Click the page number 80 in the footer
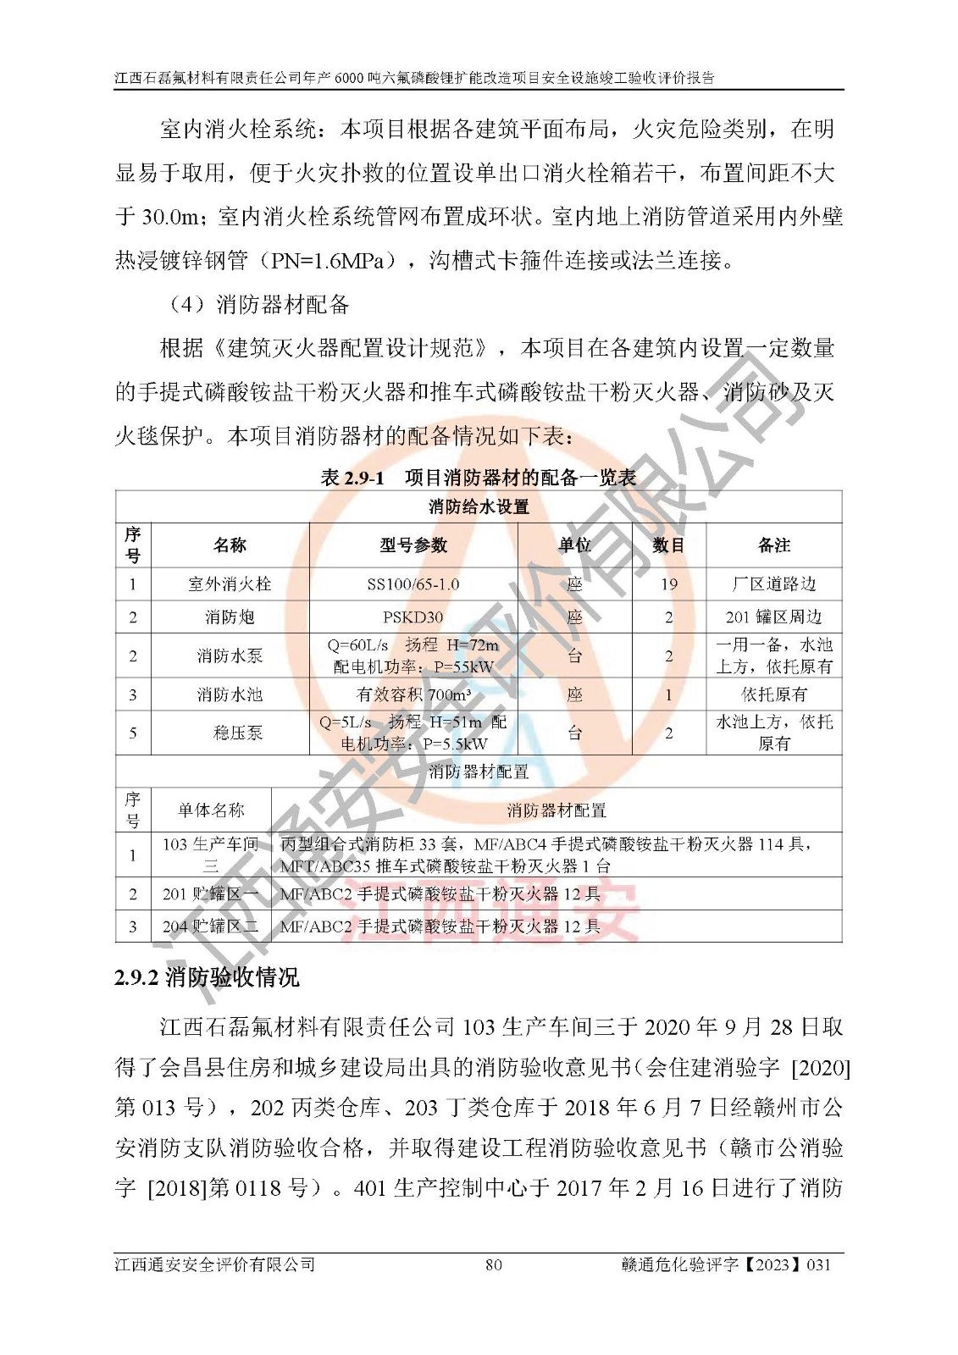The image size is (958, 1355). [x=493, y=1265]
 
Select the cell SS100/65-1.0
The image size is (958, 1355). [x=413, y=584]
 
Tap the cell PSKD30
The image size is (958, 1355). [x=413, y=617]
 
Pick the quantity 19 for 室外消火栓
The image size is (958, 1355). [x=668, y=584]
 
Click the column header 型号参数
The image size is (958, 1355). [x=413, y=545]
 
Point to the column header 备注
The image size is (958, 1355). [x=773, y=545]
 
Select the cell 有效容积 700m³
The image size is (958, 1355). [x=413, y=694]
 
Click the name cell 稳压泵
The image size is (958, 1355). [x=237, y=733]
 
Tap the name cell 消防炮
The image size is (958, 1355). [x=230, y=617]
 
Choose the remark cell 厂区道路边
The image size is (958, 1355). [x=773, y=584]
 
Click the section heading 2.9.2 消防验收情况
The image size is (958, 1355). [x=207, y=978]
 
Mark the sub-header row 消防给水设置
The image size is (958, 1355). [x=478, y=507]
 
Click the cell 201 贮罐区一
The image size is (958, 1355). [x=210, y=893]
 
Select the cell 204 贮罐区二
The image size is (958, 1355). [x=210, y=926]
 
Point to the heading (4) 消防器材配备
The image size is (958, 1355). [x=257, y=305]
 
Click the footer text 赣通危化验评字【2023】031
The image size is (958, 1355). [x=726, y=1265]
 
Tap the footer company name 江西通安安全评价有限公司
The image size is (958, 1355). [x=215, y=1265]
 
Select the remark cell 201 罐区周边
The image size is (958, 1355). [x=773, y=617]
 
